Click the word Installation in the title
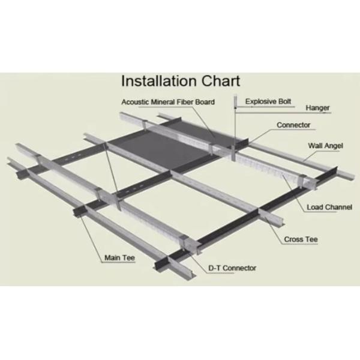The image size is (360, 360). click(159, 81)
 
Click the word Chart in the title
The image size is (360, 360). click(221, 81)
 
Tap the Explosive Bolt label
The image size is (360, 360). click(268, 101)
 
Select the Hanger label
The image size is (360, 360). click(317, 108)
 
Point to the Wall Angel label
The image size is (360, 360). click(325, 146)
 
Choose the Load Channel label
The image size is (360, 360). click(329, 207)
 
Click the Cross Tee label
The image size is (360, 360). click(301, 239)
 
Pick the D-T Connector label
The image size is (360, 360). click(232, 268)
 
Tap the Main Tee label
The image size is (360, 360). click(119, 257)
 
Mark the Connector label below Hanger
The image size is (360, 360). click(293, 125)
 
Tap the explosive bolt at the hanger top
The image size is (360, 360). click(235, 101)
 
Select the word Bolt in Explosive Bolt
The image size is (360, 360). click(284, 101)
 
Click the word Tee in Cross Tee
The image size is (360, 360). click(311, 239)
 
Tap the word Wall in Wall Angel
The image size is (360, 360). click(314, 146)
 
